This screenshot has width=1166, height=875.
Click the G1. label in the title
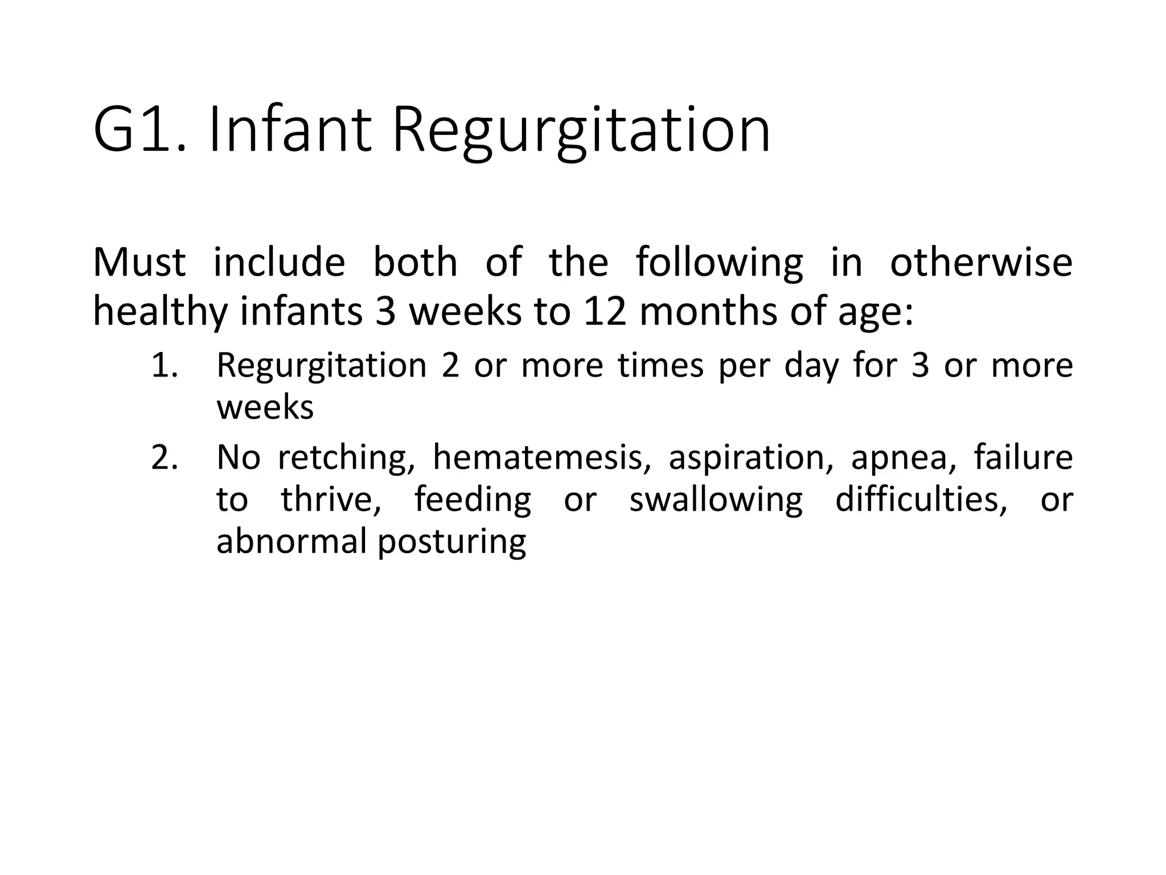point(140,131)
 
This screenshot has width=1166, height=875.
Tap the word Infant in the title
point(290,131)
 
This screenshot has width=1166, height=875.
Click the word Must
point(139,263)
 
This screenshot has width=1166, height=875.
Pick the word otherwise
point(981,263)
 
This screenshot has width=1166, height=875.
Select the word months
point(708,312)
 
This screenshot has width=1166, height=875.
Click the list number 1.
point(165,366)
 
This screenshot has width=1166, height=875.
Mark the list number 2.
point(165,457)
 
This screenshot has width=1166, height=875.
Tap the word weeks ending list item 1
point(265,408)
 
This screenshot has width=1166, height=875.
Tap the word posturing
point(451,543)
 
